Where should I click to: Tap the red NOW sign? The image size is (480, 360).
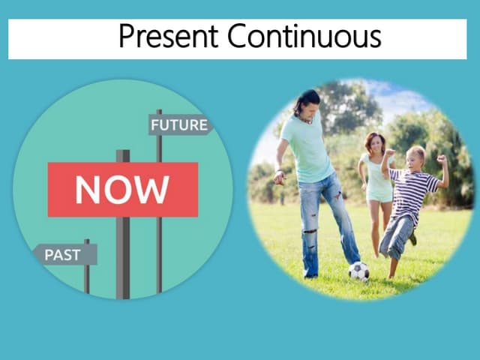(x=122, y=189)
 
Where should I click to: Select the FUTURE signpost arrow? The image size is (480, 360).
(x=179, y=124)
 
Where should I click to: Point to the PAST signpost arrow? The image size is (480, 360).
(x=65, y=254)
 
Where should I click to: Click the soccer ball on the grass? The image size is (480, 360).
(x=358, y=271)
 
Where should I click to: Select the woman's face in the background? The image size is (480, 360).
(x=374, y=143)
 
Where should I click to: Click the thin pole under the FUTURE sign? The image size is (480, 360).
(x=159, y=247)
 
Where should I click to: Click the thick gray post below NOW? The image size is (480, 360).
(x=123, y=255)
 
